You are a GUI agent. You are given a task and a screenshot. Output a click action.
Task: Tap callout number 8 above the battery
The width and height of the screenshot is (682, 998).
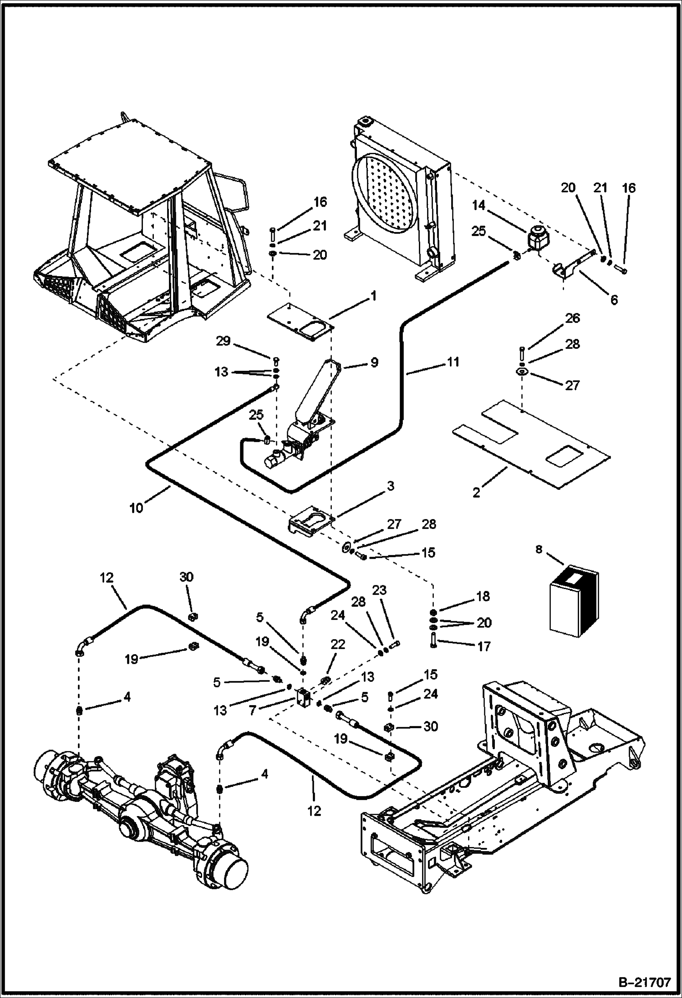pos(539,550)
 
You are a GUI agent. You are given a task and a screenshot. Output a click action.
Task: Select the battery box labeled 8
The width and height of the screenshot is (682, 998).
pos(574,601)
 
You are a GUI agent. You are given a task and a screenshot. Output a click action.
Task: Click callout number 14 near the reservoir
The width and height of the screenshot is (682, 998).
pos(478,205)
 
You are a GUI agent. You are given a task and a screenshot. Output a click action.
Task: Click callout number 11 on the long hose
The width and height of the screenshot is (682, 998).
pos(453,362)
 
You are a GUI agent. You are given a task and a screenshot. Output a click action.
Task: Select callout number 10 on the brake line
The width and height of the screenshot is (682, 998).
pos(136,508)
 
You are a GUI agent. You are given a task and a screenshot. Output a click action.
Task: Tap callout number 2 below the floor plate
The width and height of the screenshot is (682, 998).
pos(476,493)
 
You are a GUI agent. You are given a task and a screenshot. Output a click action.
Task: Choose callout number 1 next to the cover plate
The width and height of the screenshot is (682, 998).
pos(373,296)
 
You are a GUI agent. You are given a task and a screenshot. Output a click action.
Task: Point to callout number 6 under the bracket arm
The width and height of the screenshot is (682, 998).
pos(614,300)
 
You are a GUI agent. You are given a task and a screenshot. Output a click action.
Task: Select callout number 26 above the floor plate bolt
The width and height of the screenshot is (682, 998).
pos(572,318)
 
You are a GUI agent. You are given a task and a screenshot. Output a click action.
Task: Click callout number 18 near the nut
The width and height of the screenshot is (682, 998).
pos(483,596)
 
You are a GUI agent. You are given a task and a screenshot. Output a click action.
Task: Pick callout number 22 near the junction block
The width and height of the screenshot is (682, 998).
pos(338,645)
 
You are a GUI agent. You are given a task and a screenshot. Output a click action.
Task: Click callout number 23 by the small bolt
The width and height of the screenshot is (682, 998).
pos(379,590)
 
